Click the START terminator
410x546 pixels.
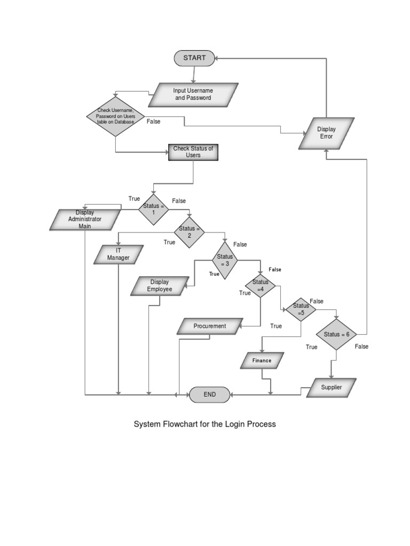click(x=194, y=58)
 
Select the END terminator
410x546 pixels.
click(x=210, y=395)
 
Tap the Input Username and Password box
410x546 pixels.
click(x=193, y=94)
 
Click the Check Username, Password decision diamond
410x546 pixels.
click(x=115, y=117)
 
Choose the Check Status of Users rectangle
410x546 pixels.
click(x=193, y=152)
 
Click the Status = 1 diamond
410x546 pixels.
click(x=154, y=210)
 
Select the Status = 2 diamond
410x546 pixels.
click(x=189, y=232)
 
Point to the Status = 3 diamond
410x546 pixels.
click(x=225, y=260)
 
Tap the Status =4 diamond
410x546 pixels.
click(x=260, y=286)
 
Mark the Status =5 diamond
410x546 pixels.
click(x=301, y=309)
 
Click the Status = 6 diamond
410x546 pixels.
click(x=336, y=334)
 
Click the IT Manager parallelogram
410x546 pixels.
click(x=119, y=254)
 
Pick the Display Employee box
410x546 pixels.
click(x=160, y=286)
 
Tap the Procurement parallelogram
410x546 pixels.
click(x=210, y=326)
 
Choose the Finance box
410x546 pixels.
click(x=262, y=361)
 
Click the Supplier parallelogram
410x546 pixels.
click(x=331, y=388)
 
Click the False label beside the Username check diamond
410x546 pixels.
click(x=153, y=122)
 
